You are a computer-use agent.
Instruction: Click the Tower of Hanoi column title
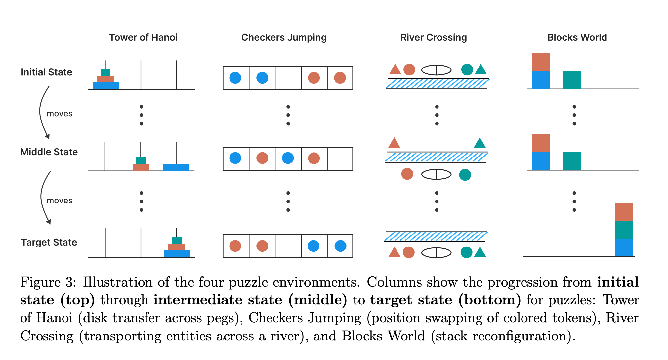[x=143, y=37]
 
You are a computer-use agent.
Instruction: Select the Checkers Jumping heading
[x=284, y=37]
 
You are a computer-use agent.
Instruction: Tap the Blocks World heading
[x=577, y=37]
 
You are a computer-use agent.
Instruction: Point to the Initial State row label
[x=46, y=72]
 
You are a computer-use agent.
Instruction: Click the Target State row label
[x=49, y=242]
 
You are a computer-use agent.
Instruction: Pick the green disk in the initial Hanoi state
[x=105, y=72]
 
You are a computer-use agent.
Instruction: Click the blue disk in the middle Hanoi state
[x=176, y=167]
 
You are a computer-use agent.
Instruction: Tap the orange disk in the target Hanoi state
[x=177, y=247]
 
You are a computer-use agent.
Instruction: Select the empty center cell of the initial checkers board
[x=288, y=78]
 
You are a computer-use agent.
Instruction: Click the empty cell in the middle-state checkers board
[x=340, y=158]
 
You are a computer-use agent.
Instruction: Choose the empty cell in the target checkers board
[x=288, y=246]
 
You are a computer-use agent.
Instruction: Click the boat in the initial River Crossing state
[x=436, y=70]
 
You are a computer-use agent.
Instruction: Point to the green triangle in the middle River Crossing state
[x=480, y=143]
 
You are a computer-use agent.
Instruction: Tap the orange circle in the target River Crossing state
[x=409, y=252]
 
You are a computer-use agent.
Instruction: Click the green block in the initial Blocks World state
[x=571, y=80]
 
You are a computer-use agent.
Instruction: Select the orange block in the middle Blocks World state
[x=541, y=143]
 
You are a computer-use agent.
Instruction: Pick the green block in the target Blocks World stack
[x=624, y=230]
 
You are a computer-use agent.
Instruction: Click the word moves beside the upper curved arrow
[x=60, y=114]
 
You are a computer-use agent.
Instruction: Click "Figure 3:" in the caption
[x=48, y=282]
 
